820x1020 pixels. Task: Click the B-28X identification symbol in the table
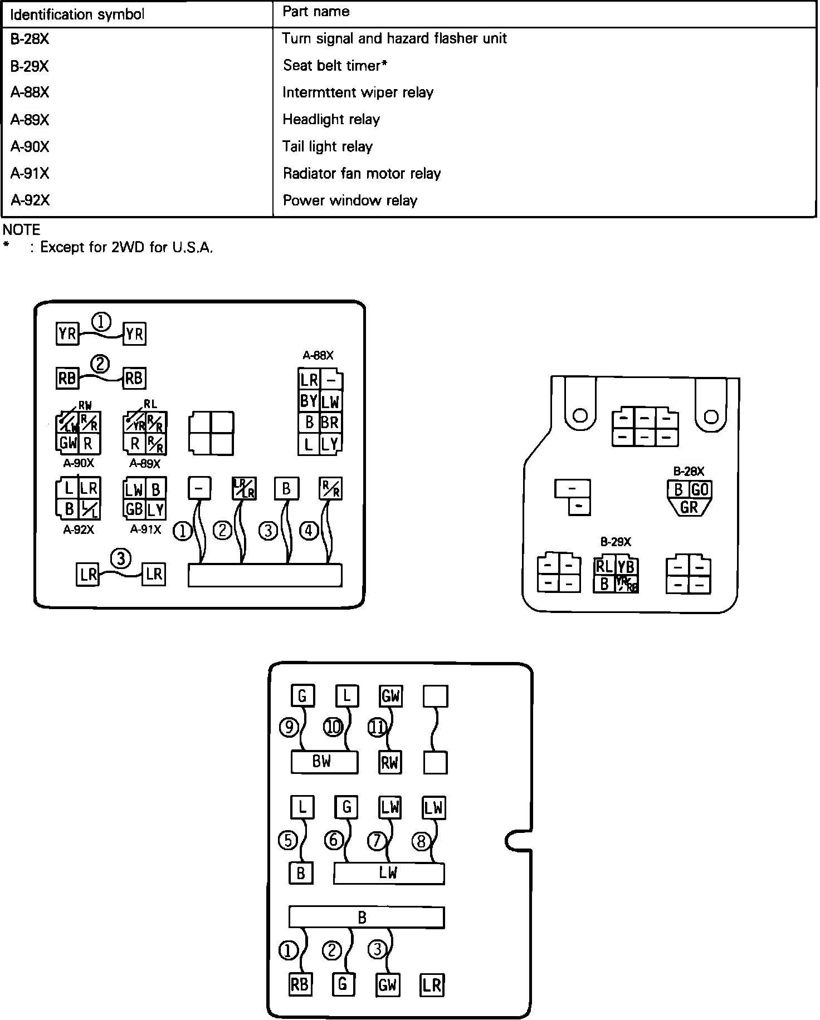tap(30, 39)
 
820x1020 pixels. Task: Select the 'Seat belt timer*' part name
tap(335, 66)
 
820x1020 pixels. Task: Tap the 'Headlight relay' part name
tap(331, 119)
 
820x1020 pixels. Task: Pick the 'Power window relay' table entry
tap(350, 200)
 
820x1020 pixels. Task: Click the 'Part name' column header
tap(316, 12)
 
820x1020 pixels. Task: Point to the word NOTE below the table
tap(22, 229)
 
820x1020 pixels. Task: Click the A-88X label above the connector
tap(318, 355)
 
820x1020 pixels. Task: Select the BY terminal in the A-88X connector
tap(309, 401)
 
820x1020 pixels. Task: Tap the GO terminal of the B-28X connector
tap(700, 489)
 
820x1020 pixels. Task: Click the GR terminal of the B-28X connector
tap(689, 507)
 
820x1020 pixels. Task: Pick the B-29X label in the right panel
tap(616, 542)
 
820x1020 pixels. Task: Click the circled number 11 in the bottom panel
tap(378, 727)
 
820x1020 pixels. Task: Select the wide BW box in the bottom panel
tap(324, 762)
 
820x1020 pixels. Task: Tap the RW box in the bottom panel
tap(390, 762)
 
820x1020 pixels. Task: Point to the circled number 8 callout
tap(421, 841)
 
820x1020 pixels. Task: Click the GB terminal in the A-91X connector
tap(134, 509)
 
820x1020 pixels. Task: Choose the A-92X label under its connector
tap(79, 530)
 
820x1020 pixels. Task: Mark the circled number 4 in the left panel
tap(309, 531)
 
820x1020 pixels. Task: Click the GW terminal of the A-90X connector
tap(68, 444)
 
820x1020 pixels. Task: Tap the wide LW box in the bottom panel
tap(388, 873)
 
